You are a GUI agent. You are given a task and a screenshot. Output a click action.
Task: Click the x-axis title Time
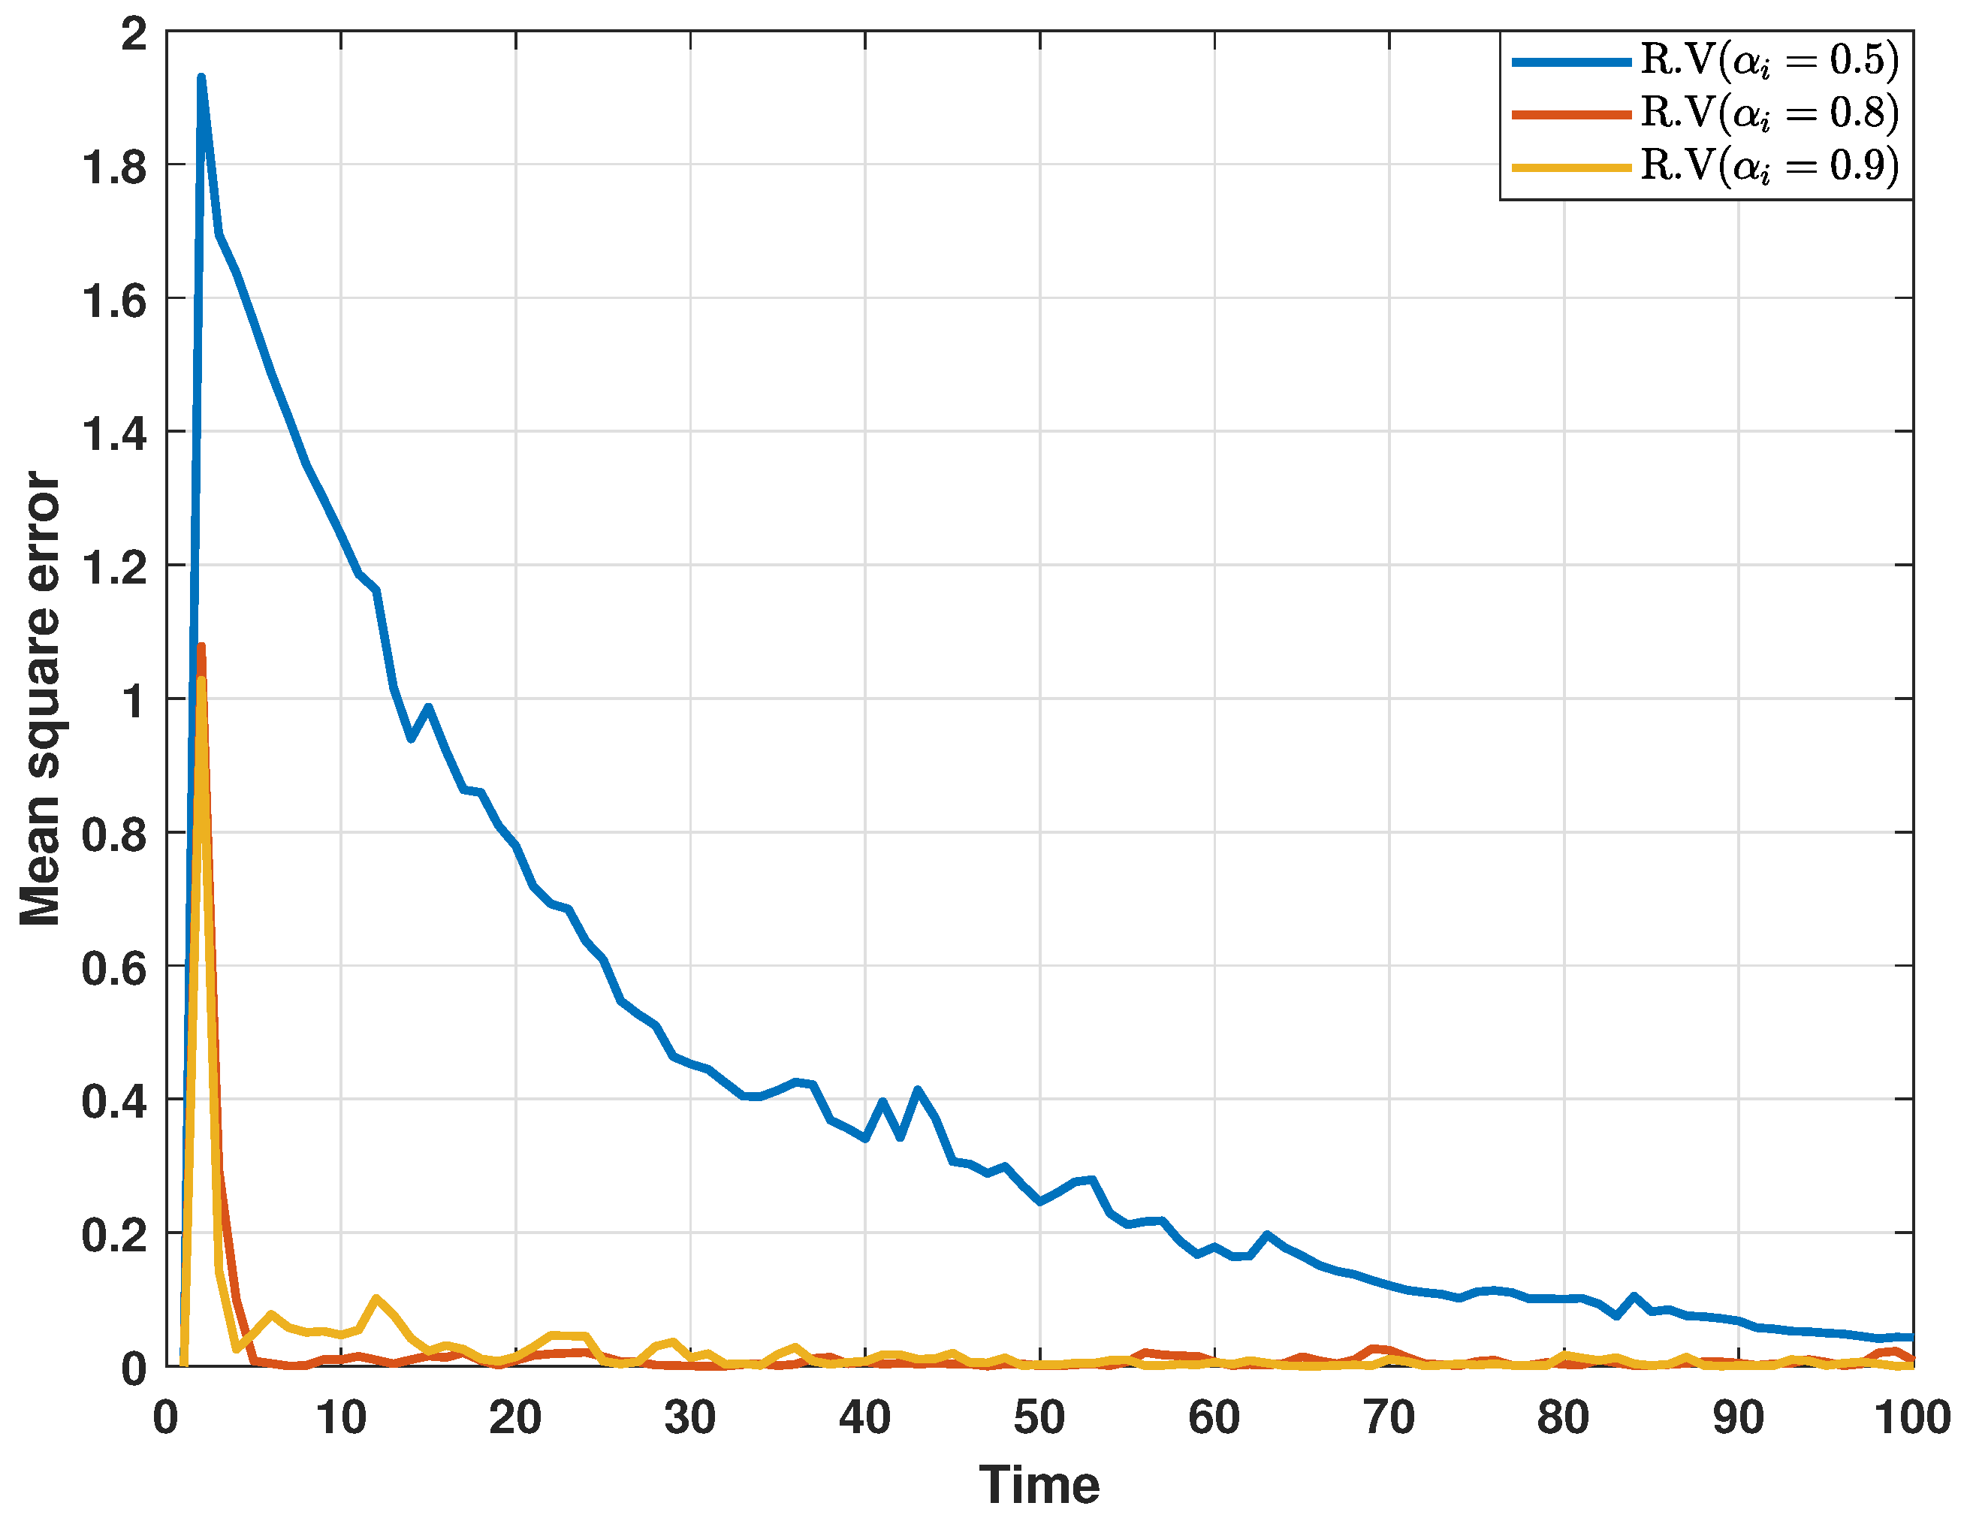[1039, 1485]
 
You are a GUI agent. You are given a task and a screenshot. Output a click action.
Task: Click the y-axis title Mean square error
[41, 699]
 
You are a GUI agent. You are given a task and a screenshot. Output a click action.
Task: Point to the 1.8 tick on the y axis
[114, 167]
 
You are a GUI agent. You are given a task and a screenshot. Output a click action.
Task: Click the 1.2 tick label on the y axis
[114, 569]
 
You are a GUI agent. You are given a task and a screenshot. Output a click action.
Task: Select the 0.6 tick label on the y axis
[114, 969]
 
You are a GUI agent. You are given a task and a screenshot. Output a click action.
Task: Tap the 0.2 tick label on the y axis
[114, 1236]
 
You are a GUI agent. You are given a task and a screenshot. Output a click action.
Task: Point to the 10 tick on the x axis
[340, 1417]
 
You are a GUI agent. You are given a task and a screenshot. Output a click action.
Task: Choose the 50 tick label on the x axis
[1039, 1417]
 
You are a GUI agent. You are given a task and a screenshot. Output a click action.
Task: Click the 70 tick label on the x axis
[1388, 1417]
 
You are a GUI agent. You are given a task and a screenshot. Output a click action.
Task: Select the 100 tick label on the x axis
[1911, 1417]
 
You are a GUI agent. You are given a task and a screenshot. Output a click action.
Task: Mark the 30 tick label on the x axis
[690, 1417]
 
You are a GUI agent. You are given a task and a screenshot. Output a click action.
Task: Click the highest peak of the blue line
[201, 78]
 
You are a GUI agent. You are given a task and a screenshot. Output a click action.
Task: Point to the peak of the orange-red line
[201, 647]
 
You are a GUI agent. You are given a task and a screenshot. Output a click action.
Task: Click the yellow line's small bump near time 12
[376, 1299]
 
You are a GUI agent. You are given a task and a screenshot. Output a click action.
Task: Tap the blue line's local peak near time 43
[918, 1091]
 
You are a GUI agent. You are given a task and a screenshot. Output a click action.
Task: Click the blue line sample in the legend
[1572, 62]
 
